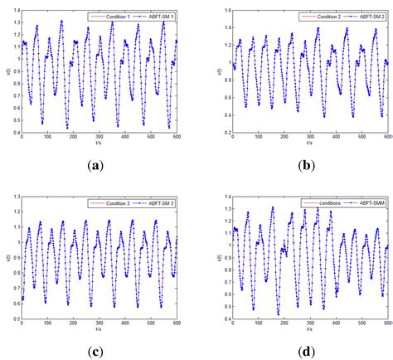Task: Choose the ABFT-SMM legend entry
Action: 361,202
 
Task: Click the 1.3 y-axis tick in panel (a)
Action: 15,23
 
